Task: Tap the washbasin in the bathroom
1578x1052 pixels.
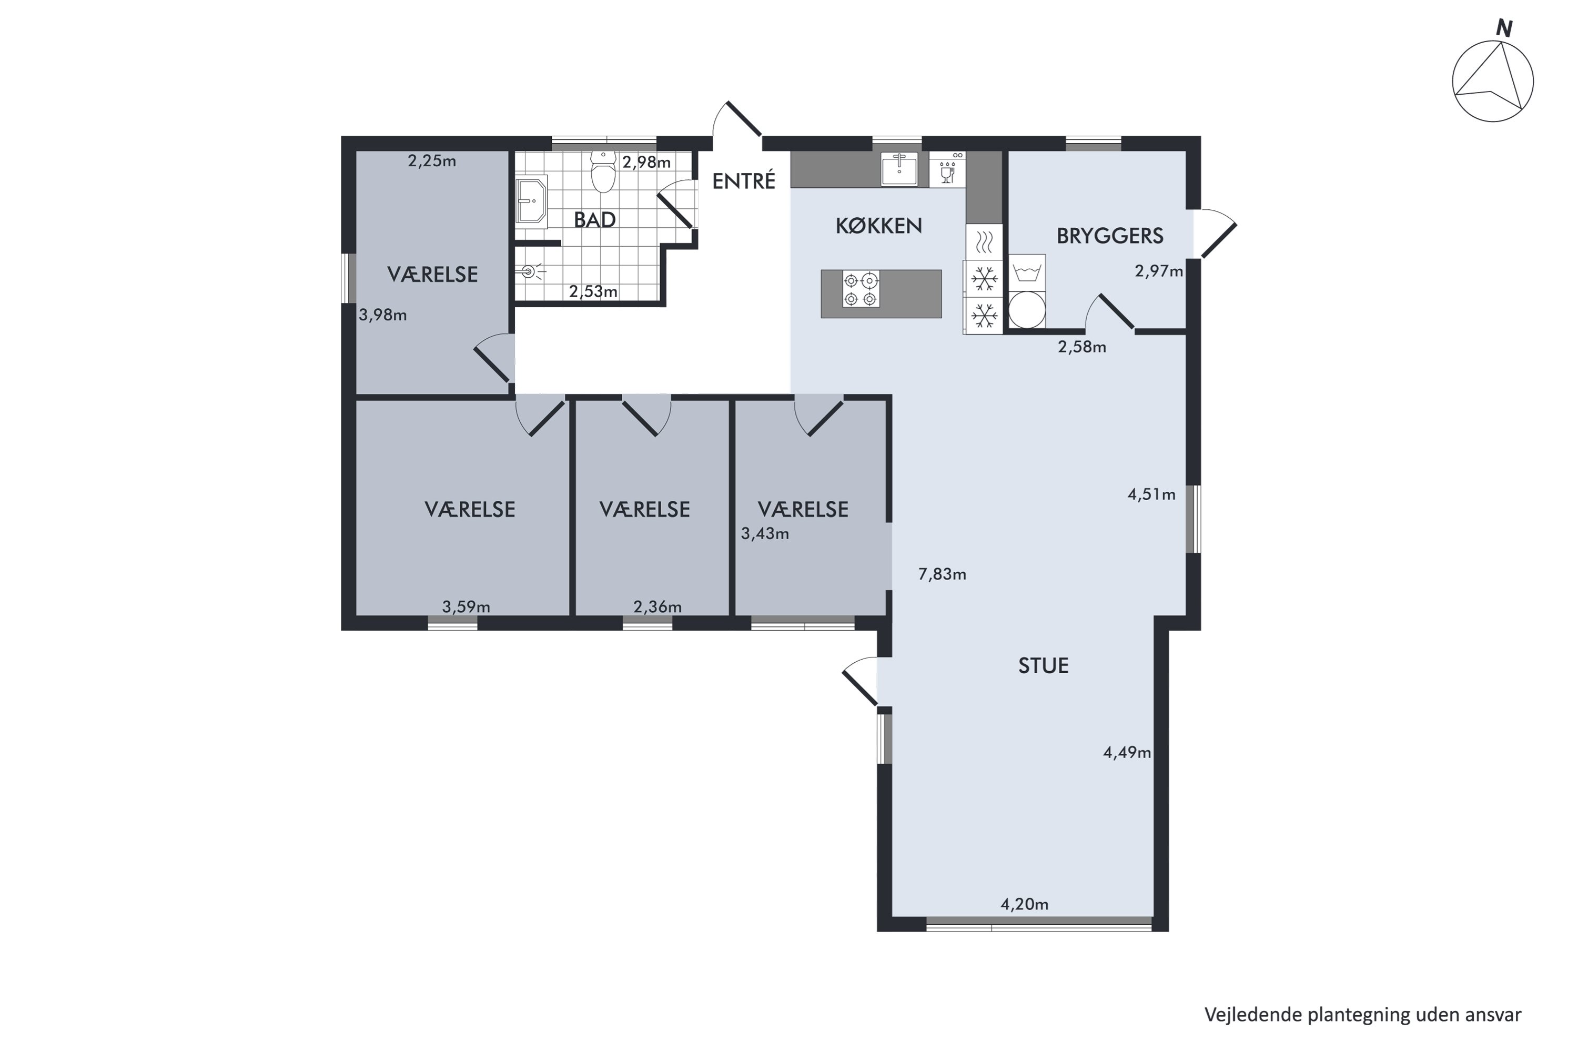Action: click(x=531, y=199)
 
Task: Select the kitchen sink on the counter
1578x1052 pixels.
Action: click(x=899, y=169)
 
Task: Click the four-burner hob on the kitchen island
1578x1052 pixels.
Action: click(x=861, y=289)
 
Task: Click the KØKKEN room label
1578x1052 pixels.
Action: click(x=879, y=226)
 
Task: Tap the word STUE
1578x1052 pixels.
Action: click(x=1043, y=665)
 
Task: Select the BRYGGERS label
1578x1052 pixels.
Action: click(x=1110, y=236)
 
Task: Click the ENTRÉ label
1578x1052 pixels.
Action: click(x=743, y=180)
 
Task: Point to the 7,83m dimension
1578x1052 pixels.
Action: click(x=942, y=574)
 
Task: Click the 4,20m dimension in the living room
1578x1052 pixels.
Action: click(x=1025, y=904)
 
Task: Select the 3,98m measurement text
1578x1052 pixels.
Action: click(x=382, y=315)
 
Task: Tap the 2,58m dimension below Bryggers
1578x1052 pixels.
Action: click(x=1082, y=347)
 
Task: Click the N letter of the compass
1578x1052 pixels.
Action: click(x=1505, y=29)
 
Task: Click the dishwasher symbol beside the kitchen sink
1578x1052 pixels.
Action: click(x=947, y=169)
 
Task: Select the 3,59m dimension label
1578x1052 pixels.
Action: click(x=466, y=607)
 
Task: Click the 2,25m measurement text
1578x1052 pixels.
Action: click(x=432, y=161)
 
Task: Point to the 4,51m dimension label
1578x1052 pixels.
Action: click(x=1151, y=495)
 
